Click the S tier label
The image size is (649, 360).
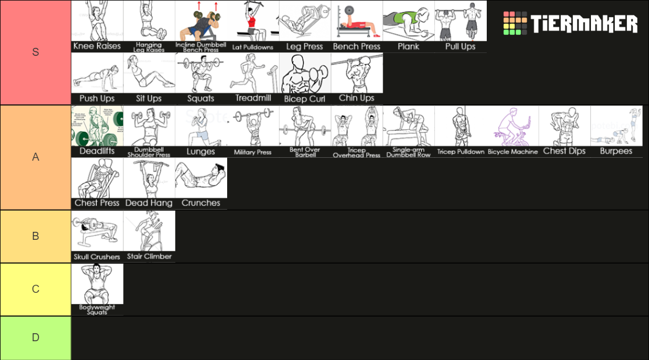pyautogui.click(x=35, y=52)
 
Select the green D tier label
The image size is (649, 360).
pyautogui.click(x=35, y=338)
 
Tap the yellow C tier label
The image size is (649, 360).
pyautogui.click(x=35, y=289)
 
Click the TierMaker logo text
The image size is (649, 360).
pyautogui.click(x=584, y=24)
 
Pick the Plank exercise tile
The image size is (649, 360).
pyautogui.click(x=408, y=26)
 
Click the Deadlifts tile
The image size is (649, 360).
pyautogui.click(x=97, y=131)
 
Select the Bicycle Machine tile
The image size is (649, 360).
pyautogui.click(x=512, y=131)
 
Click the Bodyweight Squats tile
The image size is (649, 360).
pyautogui.click(x=97, y=289)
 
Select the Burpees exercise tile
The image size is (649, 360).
pyautogui.click(x=616, y=131)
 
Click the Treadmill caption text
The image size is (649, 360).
pyautogui.click(x=253, y=98)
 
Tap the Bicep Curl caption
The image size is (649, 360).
pyautogui.click(x=305, y=99)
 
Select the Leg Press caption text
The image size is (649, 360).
pyautogui.click(x=305, y=46)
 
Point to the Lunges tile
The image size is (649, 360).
pyautogui.click(x=201, y=131)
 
